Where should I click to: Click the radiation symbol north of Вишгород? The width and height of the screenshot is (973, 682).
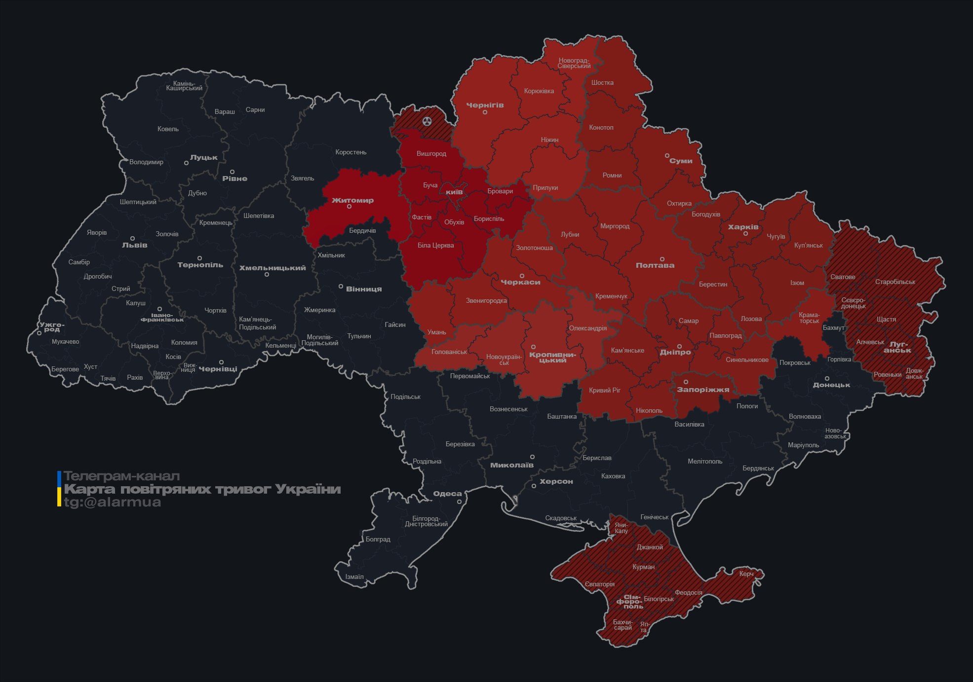[427, 121]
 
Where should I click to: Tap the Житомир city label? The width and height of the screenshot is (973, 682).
[352, 200]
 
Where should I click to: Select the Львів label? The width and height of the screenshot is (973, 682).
[134, 245]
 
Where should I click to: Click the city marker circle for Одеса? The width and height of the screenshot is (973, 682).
[459, 502]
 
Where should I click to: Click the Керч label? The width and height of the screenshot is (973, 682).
[746, 574]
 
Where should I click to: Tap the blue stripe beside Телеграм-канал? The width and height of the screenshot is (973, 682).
[59, 478]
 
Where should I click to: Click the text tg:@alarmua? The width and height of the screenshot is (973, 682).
[112, 502]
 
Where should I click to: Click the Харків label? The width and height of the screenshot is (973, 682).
[743, 227]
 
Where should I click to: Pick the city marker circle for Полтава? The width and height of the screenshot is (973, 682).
[662, 259]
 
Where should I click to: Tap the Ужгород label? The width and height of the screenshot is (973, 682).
[52, 326]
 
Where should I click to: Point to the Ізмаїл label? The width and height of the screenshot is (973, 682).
[354, 576]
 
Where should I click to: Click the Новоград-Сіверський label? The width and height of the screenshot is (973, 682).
[574, 63]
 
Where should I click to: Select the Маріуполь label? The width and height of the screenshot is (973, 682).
[803, 445]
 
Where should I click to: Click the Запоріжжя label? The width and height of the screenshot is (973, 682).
[702, 390]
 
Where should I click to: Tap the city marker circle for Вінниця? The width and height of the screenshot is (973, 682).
[341, 286]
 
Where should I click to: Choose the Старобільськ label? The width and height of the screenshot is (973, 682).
[895, 282]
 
